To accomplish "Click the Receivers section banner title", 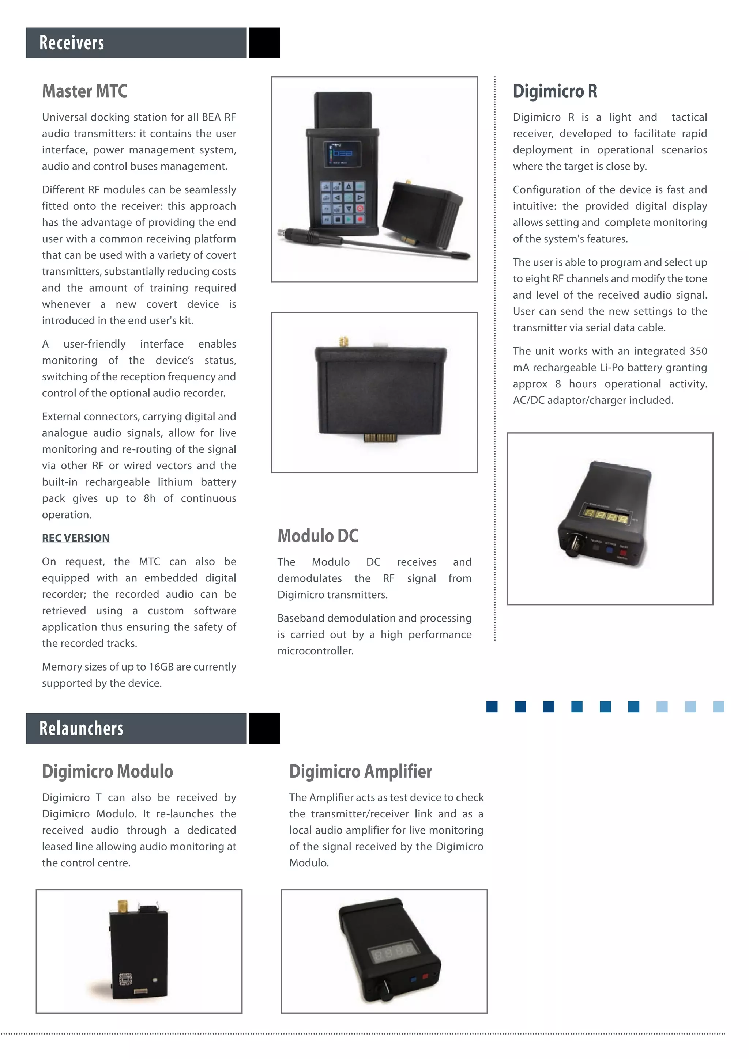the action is point(72,43).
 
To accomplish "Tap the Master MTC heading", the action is point(84,91).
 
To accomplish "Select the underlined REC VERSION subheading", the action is point(76,538).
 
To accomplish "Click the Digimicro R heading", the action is point(555,91).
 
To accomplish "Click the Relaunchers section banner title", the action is point(81,728).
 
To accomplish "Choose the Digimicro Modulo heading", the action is point(108,771).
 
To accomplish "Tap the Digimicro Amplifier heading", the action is point(361,771).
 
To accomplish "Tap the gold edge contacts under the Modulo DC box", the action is point(379,437).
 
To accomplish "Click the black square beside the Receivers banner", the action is point(264,43).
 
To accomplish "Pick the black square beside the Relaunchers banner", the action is point(264,728).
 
